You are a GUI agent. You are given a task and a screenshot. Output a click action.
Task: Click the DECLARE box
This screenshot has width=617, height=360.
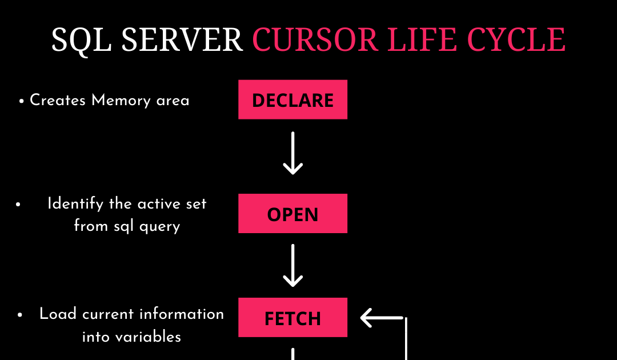tap(293, 100)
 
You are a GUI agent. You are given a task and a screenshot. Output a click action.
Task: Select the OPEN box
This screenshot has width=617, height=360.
tap(293, 214)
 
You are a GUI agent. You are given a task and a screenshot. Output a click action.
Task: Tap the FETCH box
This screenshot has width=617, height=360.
tap(293, 318)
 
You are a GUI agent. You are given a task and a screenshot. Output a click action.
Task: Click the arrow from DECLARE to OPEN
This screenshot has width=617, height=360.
tap(293, 153)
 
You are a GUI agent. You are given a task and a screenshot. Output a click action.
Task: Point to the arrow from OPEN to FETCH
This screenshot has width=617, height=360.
tap(293, 266)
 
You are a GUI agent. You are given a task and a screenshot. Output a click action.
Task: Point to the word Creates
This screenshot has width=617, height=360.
tap(58, 101)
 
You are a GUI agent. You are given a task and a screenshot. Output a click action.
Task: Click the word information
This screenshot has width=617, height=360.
tap(182, 314)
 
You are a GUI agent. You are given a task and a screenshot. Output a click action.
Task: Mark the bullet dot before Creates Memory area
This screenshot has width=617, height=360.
tap(21, 102)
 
